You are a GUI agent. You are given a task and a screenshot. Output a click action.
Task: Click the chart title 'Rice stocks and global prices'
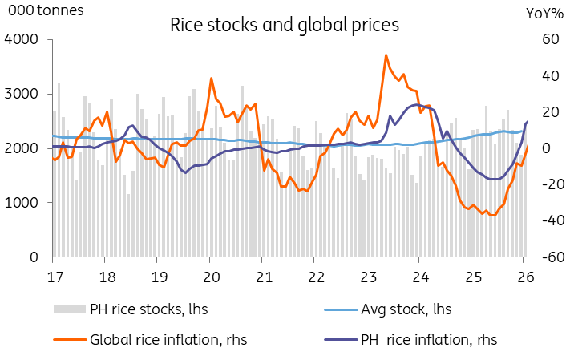[x=285, y=26]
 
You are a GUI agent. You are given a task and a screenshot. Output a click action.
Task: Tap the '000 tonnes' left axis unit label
[x=46, y=10]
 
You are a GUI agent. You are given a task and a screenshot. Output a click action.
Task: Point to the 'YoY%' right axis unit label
[x=544, y=14]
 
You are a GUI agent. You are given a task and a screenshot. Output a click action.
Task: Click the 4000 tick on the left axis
[x=21, y=39]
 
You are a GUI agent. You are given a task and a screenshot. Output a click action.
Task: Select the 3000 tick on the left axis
[x=21, y=94]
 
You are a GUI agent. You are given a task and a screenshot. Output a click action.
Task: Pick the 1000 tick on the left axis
[x=21, y=203]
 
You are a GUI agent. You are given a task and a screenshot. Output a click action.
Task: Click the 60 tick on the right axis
[x=551, y=39]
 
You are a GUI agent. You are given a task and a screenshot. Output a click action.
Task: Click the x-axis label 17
[x=55, y=277]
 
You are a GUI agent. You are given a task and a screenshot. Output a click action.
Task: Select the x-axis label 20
[x=212, y=277]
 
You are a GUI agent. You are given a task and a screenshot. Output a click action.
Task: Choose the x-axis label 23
[x=369, y=277]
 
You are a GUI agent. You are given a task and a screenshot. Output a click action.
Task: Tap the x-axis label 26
[x=525, y=277]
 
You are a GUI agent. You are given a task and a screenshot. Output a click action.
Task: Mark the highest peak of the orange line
[x=386, y=55]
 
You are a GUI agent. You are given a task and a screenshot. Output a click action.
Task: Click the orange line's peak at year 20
[x=211, y=79]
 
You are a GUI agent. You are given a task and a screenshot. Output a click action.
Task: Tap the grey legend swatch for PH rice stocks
[x=70, y=309]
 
